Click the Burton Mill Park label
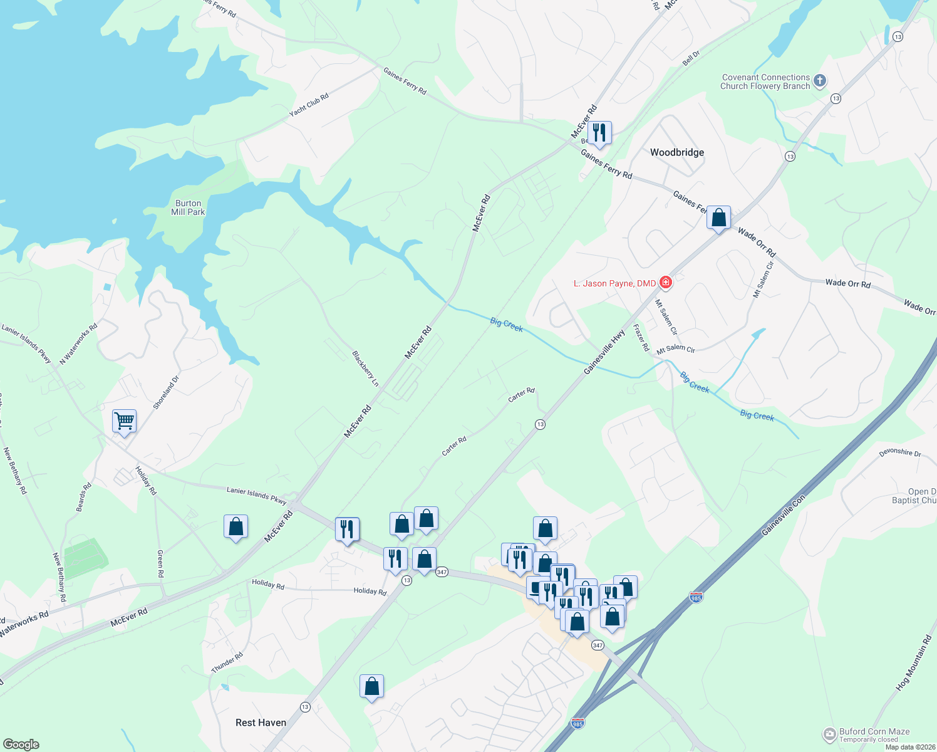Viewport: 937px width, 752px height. click(x=188, y=207)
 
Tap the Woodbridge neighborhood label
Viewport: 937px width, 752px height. click(x=676, y=152)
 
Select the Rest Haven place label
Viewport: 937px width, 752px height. click(x=261, y=723)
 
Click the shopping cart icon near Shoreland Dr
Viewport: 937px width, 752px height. click(x=124, y=420)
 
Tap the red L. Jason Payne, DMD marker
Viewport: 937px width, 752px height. click(x=666, y=283)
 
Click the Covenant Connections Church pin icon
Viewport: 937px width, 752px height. click(x=820, y=81)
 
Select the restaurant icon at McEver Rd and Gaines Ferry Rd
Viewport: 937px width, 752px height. click(x=599, y=132)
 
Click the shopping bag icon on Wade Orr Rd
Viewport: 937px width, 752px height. click(x=718, y=218)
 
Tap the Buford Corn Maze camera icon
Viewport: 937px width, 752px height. click(x=830, y=734)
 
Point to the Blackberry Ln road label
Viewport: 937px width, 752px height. click(x=365, y=368)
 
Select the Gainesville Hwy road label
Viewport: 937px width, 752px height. click(x=604, y=353)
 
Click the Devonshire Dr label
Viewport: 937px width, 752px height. click(x=900, y=452)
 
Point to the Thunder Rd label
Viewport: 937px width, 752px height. click(x=227, y=662)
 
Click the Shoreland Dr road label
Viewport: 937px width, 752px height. click(x=166, y=392)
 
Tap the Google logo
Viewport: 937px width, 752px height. click(x=21, y=744)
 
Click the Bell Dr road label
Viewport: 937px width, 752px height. click(x=691, y=58)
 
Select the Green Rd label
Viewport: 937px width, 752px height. click(x=160, y=563)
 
